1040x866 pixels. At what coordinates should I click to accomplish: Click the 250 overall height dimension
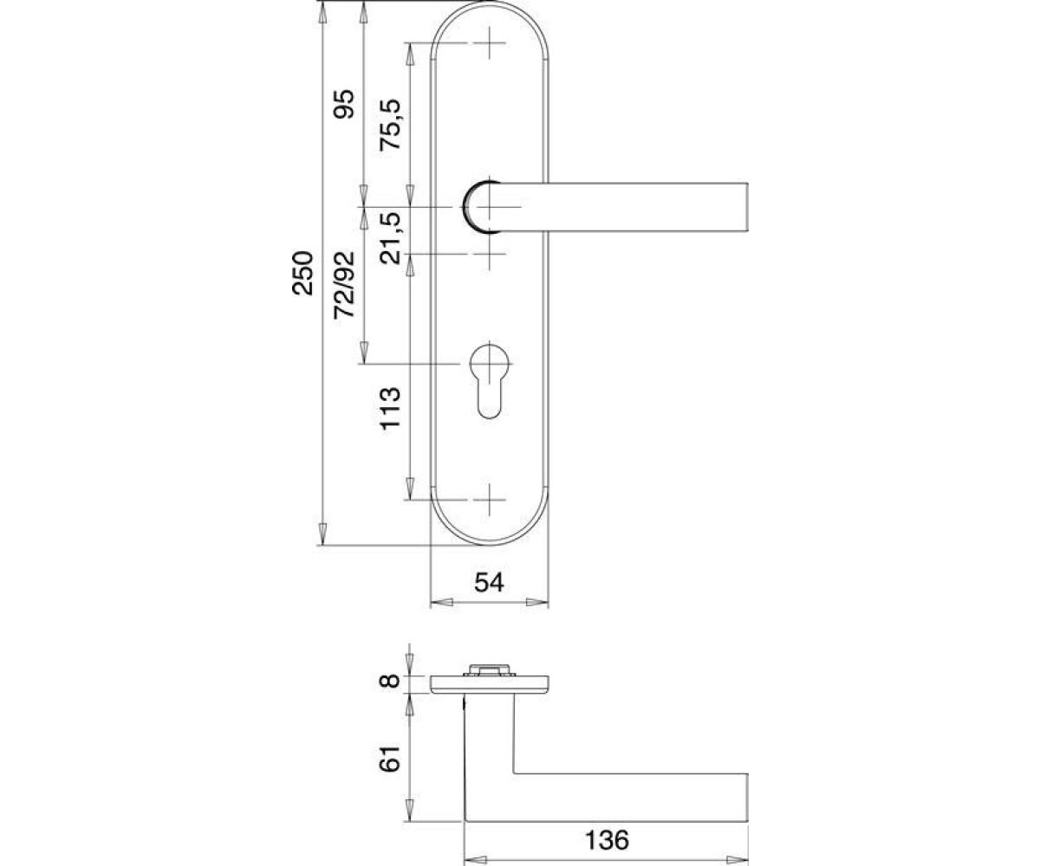(302, 274)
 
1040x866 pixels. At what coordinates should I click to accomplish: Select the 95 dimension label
(344, 104)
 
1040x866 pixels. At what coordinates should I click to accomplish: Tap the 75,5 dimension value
(389, 125)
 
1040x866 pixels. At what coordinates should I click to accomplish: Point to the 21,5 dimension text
(389, 238)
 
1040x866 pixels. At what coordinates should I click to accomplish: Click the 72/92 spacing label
(344, 285)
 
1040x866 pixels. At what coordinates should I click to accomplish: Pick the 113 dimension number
(389, 409)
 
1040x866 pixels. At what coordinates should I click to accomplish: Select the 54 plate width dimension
(489, 582)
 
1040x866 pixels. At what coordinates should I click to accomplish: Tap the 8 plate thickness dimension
(389, 681)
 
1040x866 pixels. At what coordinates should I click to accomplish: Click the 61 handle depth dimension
(389, 759)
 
